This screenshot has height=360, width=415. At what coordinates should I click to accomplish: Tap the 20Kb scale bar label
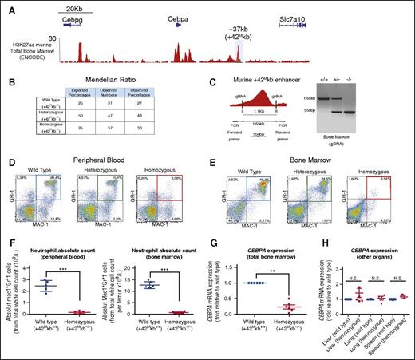[x=79, y=5]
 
